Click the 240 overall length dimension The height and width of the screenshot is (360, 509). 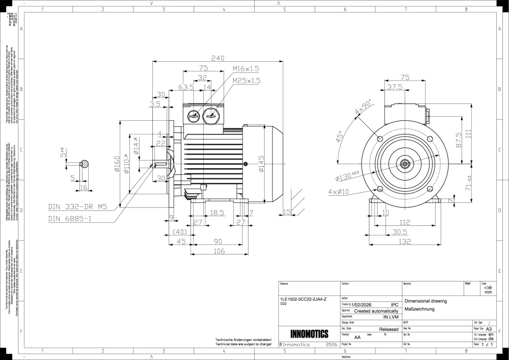pos(218,58)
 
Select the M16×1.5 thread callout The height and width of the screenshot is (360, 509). pos(246,69)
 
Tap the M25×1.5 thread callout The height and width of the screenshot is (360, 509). pos(246,81)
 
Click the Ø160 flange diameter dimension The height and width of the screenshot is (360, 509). pos(117,164)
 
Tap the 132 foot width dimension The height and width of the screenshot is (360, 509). pos(405,242)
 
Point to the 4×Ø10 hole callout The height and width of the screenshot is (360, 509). pos(339,192)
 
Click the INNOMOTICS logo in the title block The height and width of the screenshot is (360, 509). pos(309,334)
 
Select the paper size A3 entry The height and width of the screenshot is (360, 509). pos(489,329)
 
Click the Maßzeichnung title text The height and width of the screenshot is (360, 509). pos(419,310)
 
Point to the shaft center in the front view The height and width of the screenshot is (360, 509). pos(405,164)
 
